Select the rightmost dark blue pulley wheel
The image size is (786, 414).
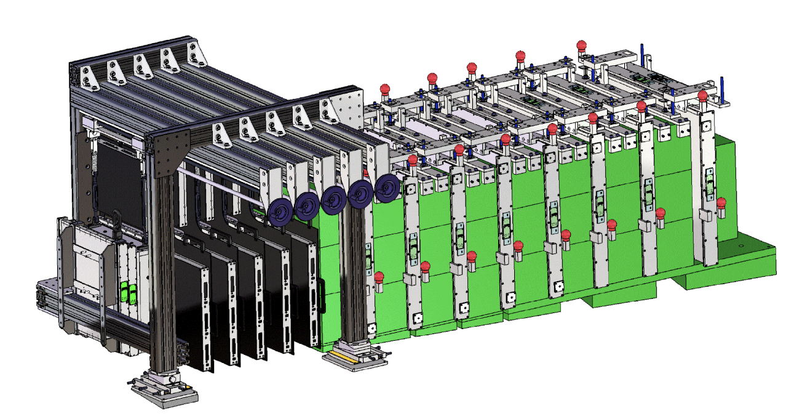pos(386,187)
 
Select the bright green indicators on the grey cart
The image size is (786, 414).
pos(127,293)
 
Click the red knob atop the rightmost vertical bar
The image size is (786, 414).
pos(702,97)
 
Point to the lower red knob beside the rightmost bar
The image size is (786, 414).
pos(721,203)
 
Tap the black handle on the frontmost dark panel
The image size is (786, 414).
pos(321,297)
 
